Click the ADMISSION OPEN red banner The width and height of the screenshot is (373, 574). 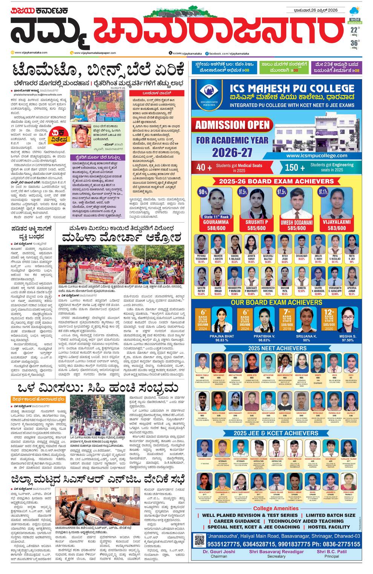coord(232,125)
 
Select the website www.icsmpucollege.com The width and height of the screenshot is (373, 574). coord(317,155)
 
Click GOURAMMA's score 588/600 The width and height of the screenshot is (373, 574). coord(216,228)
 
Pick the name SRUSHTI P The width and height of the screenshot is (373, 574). coord(257,222)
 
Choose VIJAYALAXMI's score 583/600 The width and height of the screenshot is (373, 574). coord(336,228)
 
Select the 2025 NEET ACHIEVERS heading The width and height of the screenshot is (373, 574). coord(277,348)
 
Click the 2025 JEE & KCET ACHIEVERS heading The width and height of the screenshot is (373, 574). coord(276,433)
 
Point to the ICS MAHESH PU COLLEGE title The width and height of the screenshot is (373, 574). coord(292,89)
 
